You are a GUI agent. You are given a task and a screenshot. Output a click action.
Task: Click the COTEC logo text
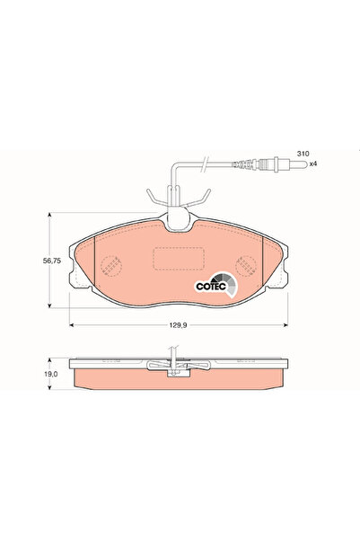(x=213, y=287)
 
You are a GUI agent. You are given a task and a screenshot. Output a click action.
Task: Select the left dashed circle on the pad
(x=111, y=266)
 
